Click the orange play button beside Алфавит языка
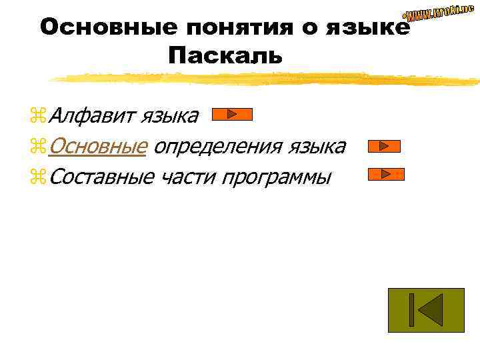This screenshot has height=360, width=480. (231, 115)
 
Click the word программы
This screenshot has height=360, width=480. (277, 177)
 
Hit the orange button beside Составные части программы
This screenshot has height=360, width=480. (386, 175)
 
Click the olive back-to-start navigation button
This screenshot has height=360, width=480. (425, 310)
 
